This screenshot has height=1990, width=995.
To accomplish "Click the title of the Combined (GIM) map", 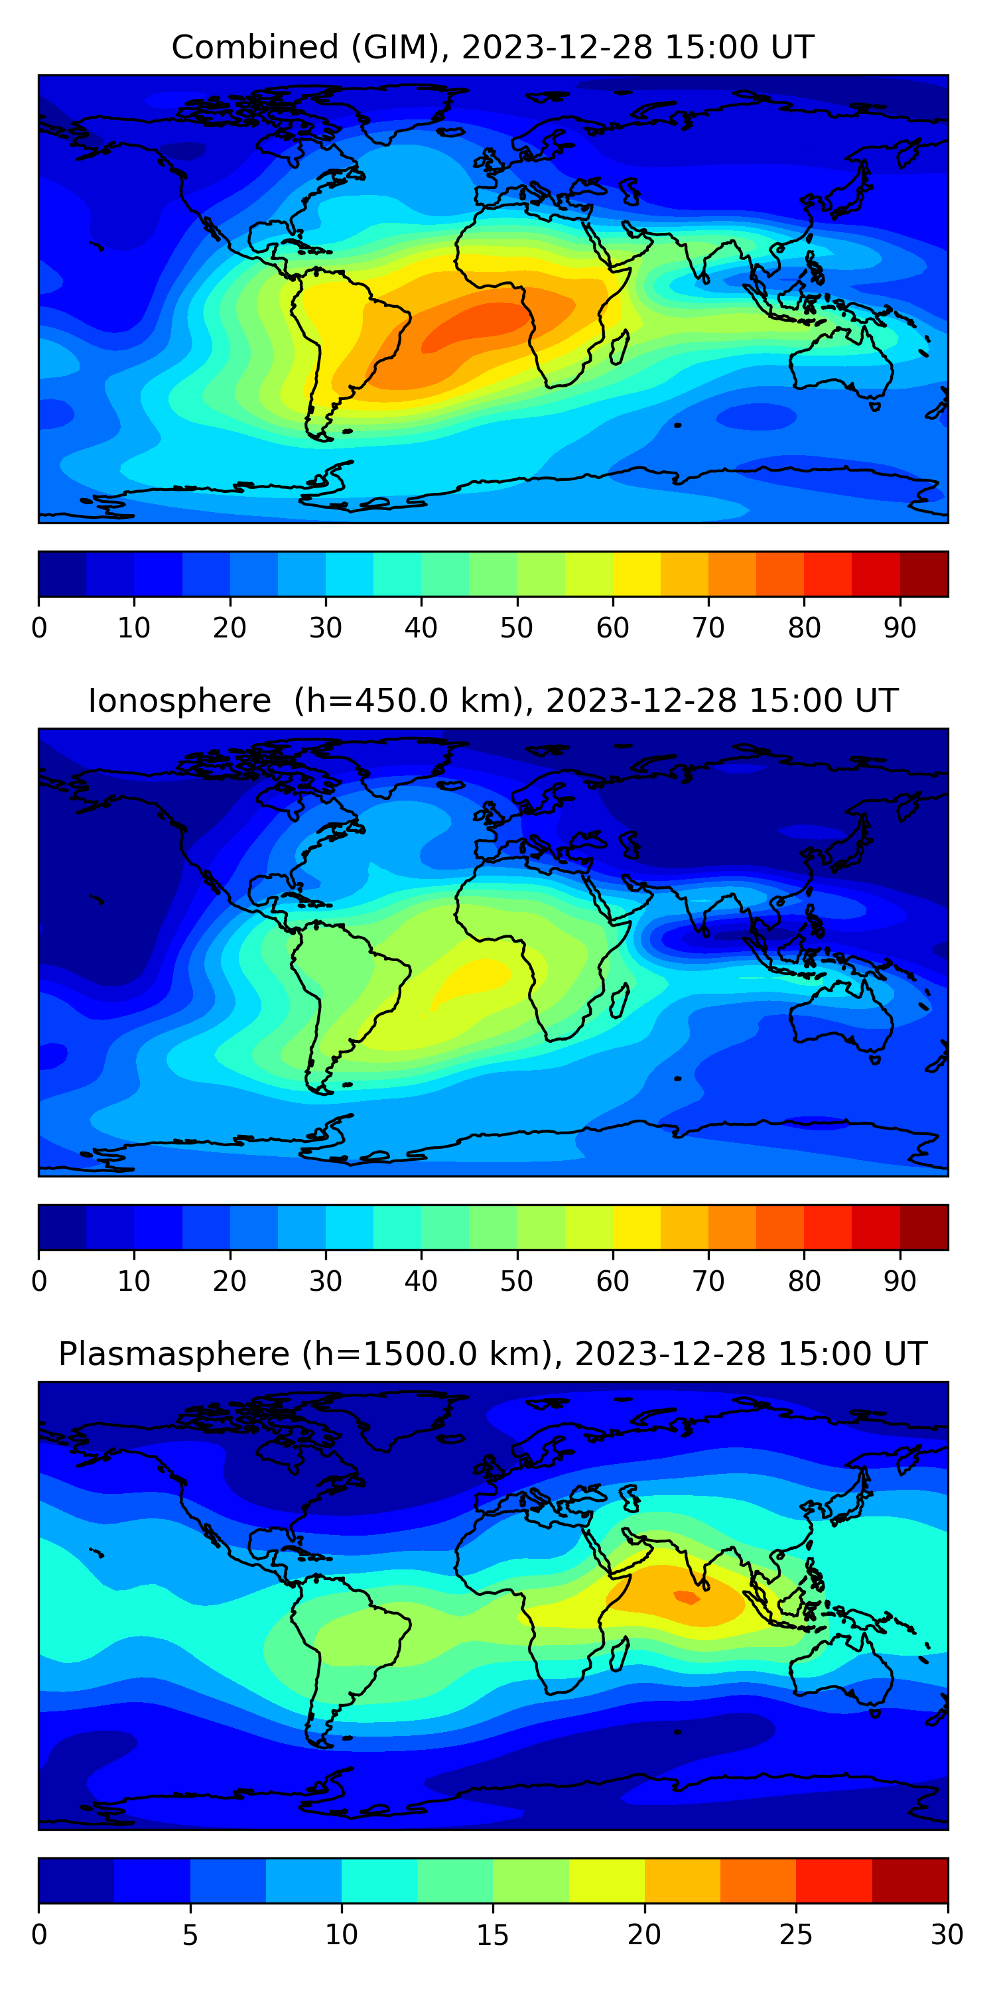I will (x=493, y=47).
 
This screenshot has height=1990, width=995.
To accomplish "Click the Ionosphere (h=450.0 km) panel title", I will (x=493, y=700).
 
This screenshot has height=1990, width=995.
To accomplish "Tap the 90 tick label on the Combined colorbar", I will (x=900, y=628).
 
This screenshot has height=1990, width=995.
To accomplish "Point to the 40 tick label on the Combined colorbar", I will (x=421, y=628).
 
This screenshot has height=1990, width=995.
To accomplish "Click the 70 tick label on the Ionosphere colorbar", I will (x=708, y=1282).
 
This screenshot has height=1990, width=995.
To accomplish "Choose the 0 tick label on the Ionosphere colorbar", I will (x=39, y=1282).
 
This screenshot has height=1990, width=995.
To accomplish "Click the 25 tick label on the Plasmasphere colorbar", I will (x=796, y=1935).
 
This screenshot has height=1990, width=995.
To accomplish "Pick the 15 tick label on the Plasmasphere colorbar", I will (x=493, y=1935).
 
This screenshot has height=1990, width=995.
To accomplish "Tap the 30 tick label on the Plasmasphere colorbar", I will (x=947, y=1935).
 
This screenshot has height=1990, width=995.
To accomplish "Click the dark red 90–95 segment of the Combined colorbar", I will (x=924, y=574).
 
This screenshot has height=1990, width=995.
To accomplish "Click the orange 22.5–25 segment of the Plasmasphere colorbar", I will (x=758, y=1881).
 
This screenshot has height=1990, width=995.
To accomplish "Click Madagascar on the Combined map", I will (x=619, y=348).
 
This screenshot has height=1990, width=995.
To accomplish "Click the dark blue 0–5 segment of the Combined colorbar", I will (x=62, y=574).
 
